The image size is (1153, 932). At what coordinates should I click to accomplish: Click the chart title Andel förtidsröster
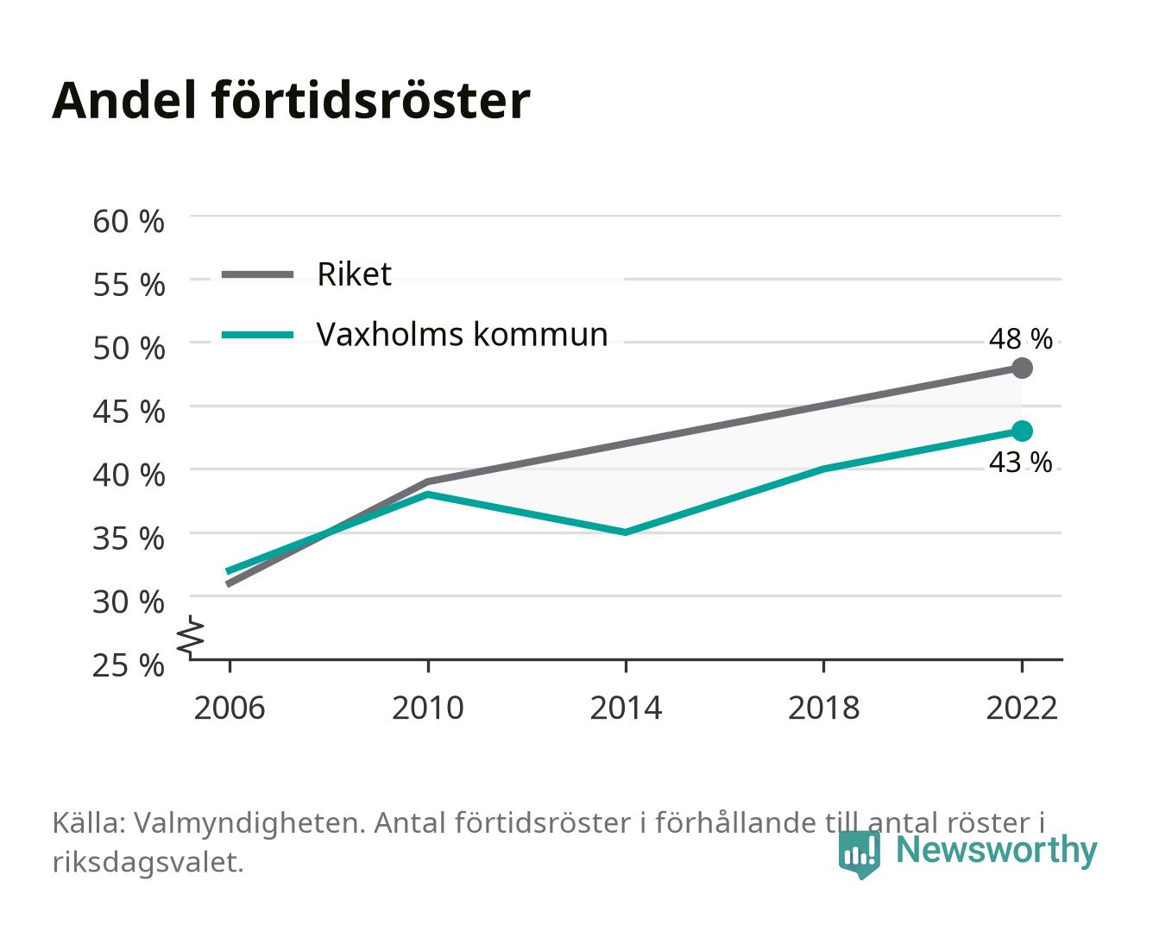[291, 101]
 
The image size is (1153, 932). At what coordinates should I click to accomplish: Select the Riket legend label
[354, 274]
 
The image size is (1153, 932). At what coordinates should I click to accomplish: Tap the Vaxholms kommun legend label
[463, 335]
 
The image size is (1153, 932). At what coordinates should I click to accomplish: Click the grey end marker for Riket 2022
[1022, 368]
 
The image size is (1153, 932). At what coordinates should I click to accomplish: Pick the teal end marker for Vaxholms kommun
[1022, 431]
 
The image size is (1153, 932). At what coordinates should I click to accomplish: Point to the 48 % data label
[1020, 339]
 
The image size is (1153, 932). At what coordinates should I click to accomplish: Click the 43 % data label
[1020, 463]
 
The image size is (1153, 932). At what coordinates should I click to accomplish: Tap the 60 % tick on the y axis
[129, 222]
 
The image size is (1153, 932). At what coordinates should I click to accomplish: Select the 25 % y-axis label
[129, 665]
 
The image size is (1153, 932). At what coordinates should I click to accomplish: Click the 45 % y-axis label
[129, 412]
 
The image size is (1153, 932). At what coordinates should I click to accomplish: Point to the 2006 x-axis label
[230, 708]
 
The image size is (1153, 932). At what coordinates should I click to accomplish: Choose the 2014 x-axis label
[626, 708]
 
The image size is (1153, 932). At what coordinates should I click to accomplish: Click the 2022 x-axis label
[1022, 708]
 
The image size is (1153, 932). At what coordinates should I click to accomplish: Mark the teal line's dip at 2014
[626, 532]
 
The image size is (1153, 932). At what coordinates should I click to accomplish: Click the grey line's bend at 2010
[428, 482]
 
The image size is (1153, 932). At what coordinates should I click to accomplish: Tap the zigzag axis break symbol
[192, 638]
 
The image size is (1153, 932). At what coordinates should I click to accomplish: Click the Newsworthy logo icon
[860, 854]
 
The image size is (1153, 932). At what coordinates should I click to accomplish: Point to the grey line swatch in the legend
[258, 274]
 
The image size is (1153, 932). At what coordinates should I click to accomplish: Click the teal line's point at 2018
[824, 469]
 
